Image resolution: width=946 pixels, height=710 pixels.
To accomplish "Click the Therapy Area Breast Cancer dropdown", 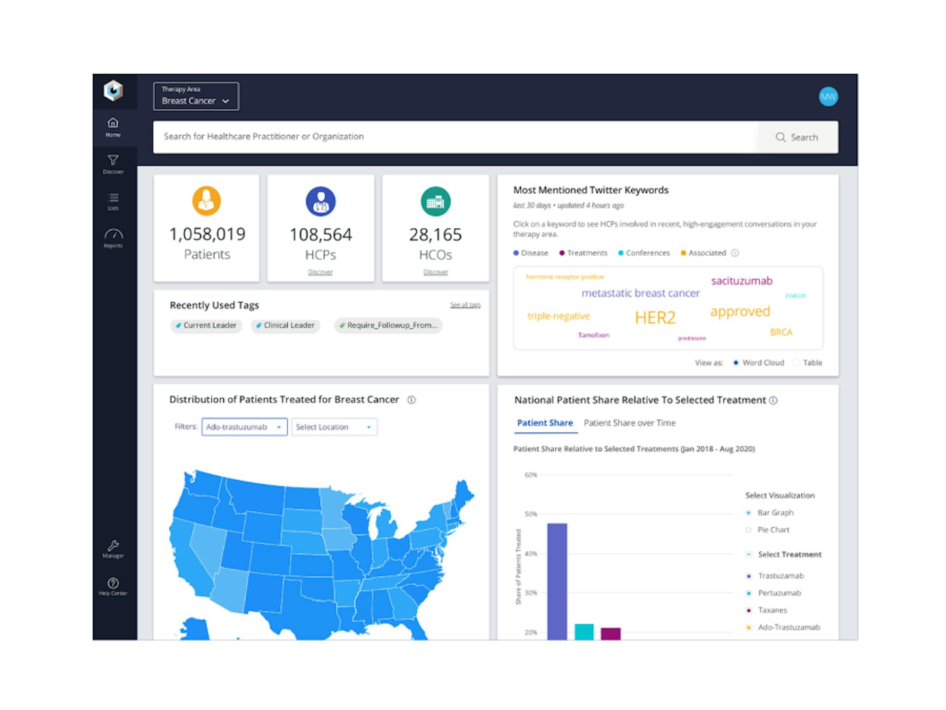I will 196,96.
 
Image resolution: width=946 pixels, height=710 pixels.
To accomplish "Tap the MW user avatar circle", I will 828,97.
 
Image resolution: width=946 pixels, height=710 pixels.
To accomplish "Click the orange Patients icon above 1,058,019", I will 206,201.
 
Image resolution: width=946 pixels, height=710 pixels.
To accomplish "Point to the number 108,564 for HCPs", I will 321,235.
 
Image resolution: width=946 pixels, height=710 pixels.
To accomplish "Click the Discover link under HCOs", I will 436,272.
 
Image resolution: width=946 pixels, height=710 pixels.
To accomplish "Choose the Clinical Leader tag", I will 285,325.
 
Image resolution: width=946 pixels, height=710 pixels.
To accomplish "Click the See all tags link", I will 465,305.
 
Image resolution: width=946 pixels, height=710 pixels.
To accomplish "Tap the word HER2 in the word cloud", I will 655,318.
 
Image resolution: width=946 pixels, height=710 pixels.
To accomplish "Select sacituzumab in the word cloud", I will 742,281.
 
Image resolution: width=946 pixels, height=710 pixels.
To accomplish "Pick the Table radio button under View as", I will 797,363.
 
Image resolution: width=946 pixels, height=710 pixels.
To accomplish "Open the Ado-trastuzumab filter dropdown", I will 244,427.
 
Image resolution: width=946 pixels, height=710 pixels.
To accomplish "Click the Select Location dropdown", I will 334,427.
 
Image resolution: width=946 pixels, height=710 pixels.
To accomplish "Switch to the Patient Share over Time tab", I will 629,423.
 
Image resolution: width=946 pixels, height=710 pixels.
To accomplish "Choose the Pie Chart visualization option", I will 749,530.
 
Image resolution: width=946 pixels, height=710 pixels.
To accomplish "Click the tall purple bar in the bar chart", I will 557,582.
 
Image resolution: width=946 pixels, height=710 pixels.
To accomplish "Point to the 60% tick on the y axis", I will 531,475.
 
